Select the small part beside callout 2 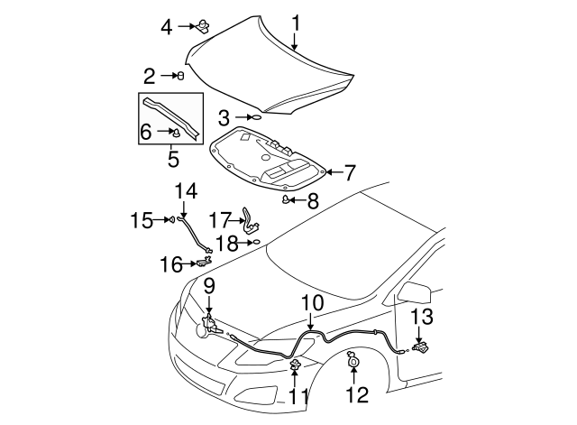(x=181, y=76)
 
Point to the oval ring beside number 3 (x=255, y=116)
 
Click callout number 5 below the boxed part (x=174, y=161)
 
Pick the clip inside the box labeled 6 (x=178, y=134)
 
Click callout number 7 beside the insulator (x=350, y=171)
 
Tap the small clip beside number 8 (x=288, y=199)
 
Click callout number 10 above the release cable (x=311, y=304)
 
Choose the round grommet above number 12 (x=353, y=364)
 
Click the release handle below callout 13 (x=420, y=346)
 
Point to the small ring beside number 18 (x=256, y=243)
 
